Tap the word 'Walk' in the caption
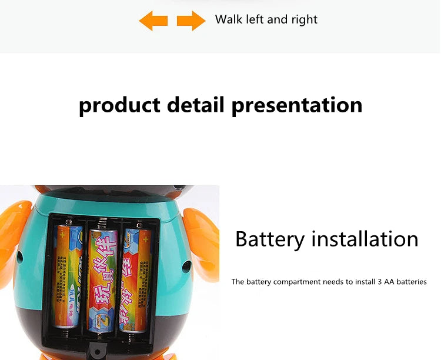click(228, 19)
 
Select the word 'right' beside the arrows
click(304, 20)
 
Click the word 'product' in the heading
click(119, 105)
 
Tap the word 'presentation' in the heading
click(297, 105)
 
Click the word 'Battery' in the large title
click(270, 239)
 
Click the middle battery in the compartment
click(103, 276)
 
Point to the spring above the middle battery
click(103, 224)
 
